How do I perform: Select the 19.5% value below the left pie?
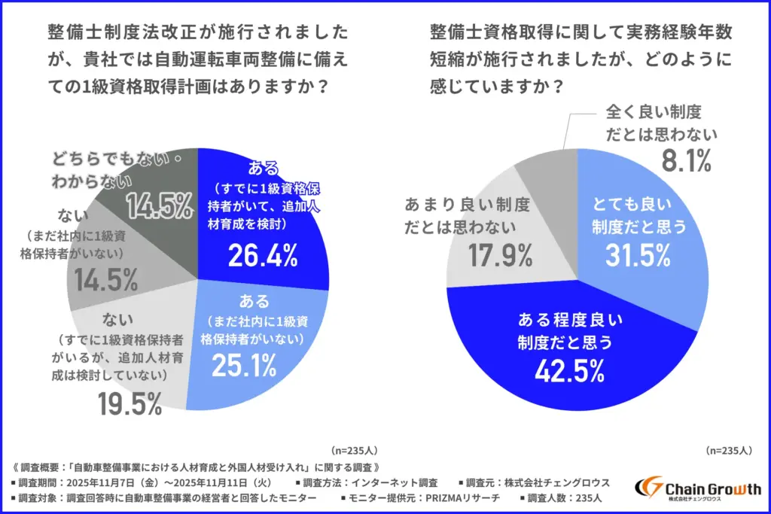(x=130, y=405)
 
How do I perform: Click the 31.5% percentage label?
(x=638, y=256)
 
